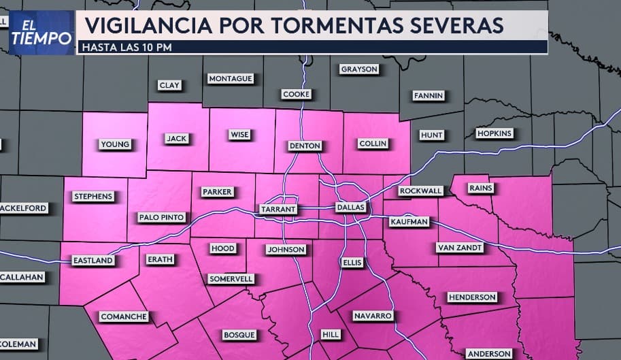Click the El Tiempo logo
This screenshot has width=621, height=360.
pyautogui.click(x=41, y=32)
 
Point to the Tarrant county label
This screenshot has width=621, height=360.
pyautogui.click(x=278, y=209)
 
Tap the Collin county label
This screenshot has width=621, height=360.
pyautogui.click(x=372, y=143)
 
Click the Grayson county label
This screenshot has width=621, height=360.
pyautogui.click(x=359, y=69)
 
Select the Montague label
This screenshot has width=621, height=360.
pyautogui.click(x=231, y=78)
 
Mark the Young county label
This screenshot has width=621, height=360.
pyautogui.click(x=114, y=144)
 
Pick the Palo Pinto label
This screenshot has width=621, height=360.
pyautogui.click(x=161, y=217)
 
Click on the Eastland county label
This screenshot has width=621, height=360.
pyautogui.click(x=93, y=260)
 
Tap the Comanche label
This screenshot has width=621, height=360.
pyautogui.click(x=123, y=316)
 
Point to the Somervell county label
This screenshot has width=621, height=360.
pyautogui.click(x=231, y=278)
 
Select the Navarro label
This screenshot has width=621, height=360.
pyautogui.click(x=373, y=316)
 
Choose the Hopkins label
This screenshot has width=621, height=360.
pyautogui.click(x=494, y=133)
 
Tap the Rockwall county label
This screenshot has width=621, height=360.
pyautogui.click(x=420, y=191)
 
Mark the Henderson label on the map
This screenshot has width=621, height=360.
pyautogui.click(x=472, y=297)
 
